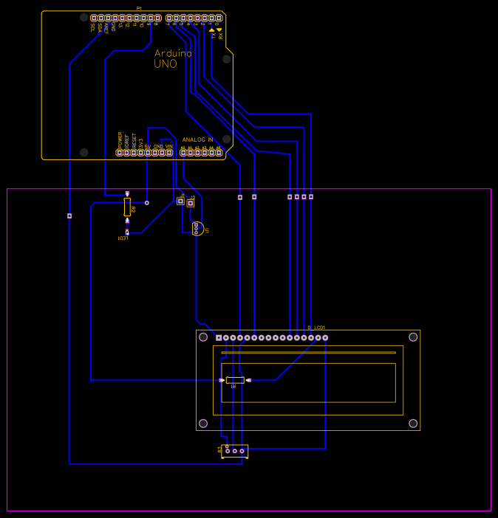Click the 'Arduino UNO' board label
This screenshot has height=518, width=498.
click(172, 58)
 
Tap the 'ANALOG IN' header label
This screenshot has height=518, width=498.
click(197, 139)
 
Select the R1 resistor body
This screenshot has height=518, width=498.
click(235, 380)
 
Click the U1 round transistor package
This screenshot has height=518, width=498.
click(197, 229)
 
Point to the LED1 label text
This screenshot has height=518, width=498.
click(123, 238)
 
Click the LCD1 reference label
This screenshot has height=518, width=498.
click(320, 327)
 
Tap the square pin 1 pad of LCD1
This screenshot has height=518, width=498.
click(219, 338)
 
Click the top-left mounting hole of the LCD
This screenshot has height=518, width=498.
click(203, 337)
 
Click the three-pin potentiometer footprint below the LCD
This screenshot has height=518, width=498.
click(235, 450)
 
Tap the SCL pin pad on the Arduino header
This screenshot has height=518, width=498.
click(94, 18)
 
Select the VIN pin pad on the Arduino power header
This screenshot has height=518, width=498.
click(169, 153)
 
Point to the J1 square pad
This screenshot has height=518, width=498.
click(180, 200)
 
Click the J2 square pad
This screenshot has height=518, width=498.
click(190, 203)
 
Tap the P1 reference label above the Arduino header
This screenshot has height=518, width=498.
click(139, 8)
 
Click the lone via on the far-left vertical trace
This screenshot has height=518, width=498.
click(69, 216)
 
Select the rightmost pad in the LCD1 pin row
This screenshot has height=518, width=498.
click(325, 338)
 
